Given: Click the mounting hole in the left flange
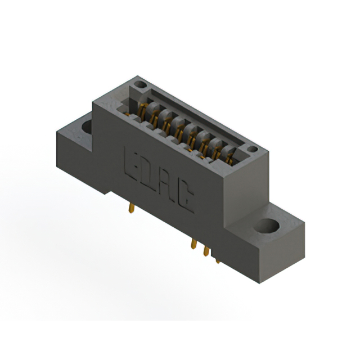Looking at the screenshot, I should tap(88, 127).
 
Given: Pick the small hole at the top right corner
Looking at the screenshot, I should tap(253, 149).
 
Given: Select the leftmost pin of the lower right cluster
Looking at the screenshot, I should tap(194, 245).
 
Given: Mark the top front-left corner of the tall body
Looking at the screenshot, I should tap(93, 101).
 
